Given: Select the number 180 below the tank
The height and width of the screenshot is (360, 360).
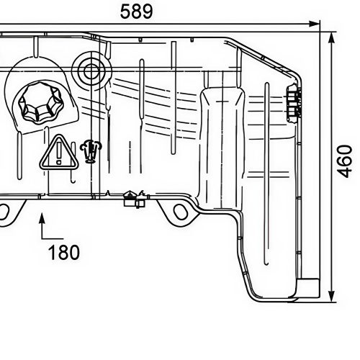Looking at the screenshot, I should click(63, 253).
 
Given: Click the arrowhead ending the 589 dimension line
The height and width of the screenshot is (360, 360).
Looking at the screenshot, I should click(314, 24).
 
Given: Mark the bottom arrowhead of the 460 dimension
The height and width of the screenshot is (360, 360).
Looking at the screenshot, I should click(331, 296).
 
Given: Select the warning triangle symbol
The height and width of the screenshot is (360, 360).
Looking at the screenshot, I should click(56, 153).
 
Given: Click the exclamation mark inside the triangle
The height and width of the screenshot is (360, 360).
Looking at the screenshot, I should click(56, 154).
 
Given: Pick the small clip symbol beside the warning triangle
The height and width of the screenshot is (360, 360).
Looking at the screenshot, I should click(91, 149).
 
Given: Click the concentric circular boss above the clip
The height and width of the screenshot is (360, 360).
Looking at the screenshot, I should click(91, 71).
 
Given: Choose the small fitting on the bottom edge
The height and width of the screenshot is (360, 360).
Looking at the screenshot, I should click(133, 198).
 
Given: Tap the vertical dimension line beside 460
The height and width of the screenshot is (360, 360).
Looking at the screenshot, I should click(331, 216).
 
